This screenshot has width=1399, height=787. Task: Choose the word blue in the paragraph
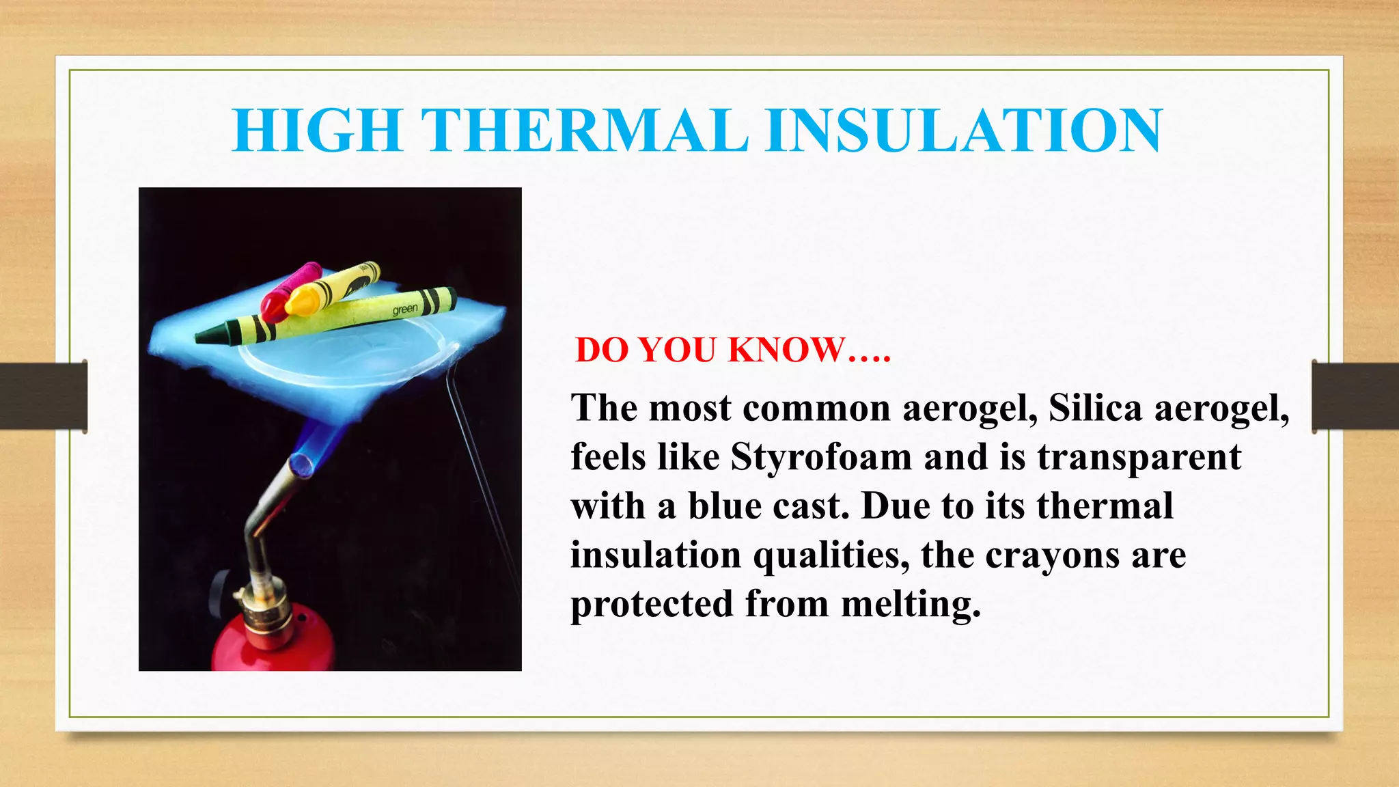(x=724, y=506)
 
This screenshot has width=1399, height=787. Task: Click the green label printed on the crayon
(x=404, y=309)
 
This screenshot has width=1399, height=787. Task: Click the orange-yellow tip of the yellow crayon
(x=301, y=301)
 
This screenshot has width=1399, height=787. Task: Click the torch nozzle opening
(x=300, y=465)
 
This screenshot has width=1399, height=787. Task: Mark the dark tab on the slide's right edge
(x=1355, y=396)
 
